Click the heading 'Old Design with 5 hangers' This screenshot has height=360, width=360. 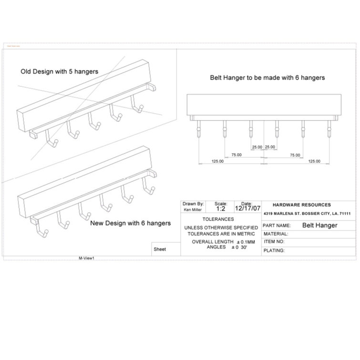tap(59, 72)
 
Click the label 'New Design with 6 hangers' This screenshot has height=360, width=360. tap(130, 223)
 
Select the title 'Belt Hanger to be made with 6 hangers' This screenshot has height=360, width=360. tap(268, 77)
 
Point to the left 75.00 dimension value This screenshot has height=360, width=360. tap(236, 154)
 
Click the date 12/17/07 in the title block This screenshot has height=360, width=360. tap(247, 208)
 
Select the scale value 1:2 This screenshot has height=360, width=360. tap(221, 209)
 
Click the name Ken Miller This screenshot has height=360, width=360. tap(193, 209)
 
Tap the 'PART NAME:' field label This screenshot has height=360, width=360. tap(277, 225)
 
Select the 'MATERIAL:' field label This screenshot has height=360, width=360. tap(275, 234)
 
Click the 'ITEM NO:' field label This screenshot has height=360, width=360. tap(274, 242)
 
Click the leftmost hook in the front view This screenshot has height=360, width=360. tap(198, 131)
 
